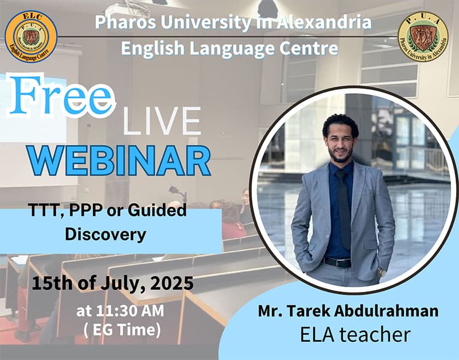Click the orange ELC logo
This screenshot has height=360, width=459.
click(x=31, y=37)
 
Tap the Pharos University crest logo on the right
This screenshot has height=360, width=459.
click(x=423, y=37)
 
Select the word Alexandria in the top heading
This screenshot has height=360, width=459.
click(x=324, y=22)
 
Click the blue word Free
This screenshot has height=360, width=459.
click(x=61, y=96)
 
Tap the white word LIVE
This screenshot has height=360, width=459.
click(x=162, y=121)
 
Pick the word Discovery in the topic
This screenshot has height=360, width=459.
click(x=106, y=234)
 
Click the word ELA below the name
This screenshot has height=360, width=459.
click(x=317, y=335)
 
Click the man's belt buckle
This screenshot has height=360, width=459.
click(x=339, y=264)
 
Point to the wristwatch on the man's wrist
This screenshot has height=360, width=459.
click(x=382, y=272)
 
